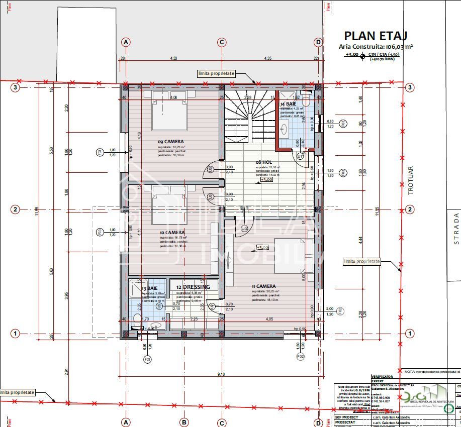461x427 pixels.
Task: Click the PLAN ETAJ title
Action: point(375,36)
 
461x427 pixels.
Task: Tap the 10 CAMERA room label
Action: point(171,232)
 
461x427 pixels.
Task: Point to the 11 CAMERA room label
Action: point(263,286)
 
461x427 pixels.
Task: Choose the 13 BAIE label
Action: point(150,289)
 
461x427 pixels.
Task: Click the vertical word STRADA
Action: point(456,228)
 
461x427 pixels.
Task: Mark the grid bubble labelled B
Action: point(184,422)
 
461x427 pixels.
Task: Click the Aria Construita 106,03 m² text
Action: point(376,46)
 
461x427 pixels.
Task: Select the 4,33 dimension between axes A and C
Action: point(173,58)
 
